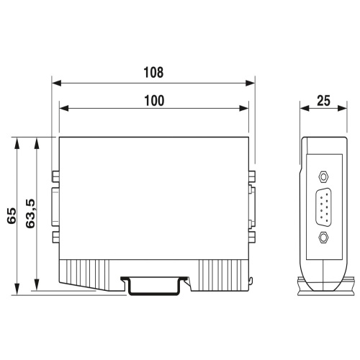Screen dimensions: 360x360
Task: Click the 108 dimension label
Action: (153, 72)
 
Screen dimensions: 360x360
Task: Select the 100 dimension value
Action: (154, 101)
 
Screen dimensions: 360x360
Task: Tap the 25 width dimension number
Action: (323, 101)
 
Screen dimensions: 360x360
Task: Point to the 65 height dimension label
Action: (12, 216)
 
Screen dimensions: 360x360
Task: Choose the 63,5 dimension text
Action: (30, 214)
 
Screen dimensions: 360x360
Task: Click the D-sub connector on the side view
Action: (323, 207)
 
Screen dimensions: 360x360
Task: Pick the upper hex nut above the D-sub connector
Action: (323, 177)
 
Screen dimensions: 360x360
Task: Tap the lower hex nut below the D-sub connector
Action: (323, 237)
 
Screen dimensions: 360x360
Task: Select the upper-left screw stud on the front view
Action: (55, 176)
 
